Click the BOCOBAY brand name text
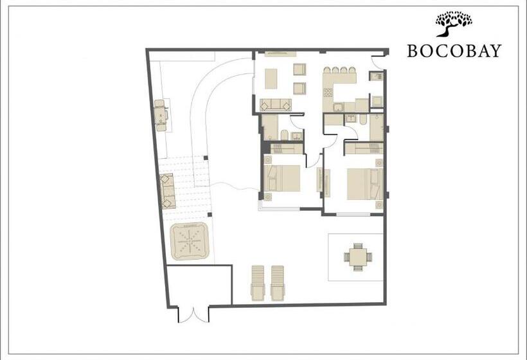[454, 51]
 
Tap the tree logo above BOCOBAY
[454, 24]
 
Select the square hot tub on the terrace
[190, 241]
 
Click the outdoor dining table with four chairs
[358, 257]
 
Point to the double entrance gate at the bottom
[193, 314]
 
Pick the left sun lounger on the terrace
[258, 283]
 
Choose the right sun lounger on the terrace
[278, 283]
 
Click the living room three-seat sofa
[276, 105]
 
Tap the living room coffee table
[271, 78]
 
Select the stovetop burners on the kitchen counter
[328, 92]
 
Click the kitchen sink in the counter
[337, 107]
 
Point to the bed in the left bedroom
[282, 178]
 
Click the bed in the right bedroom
[365, 184]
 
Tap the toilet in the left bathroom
[284, 135]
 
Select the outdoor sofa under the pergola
[168, 192]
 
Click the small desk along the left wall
[162, 115]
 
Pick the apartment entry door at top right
[378, 62]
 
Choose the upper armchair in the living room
[299, 69]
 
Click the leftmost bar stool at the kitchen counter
[327, 70]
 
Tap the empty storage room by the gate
[199, 285]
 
